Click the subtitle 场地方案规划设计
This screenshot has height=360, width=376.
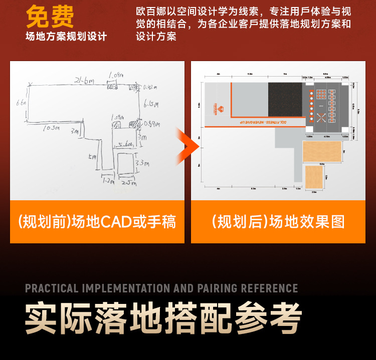pos(67,37)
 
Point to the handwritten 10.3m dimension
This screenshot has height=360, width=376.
pos(50,128)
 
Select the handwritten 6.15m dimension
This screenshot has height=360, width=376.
pos(150,105)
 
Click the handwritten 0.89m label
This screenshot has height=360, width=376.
pos(151,123)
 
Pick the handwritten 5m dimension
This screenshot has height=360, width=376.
pos(92,156)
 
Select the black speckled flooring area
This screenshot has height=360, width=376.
pos(284,100)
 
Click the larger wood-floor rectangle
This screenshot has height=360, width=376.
pos(322,152)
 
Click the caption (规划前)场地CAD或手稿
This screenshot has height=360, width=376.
pos(97,222)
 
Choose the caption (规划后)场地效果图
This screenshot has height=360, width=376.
pos(278,222)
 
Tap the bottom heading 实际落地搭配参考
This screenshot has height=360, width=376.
pos(163,318)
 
